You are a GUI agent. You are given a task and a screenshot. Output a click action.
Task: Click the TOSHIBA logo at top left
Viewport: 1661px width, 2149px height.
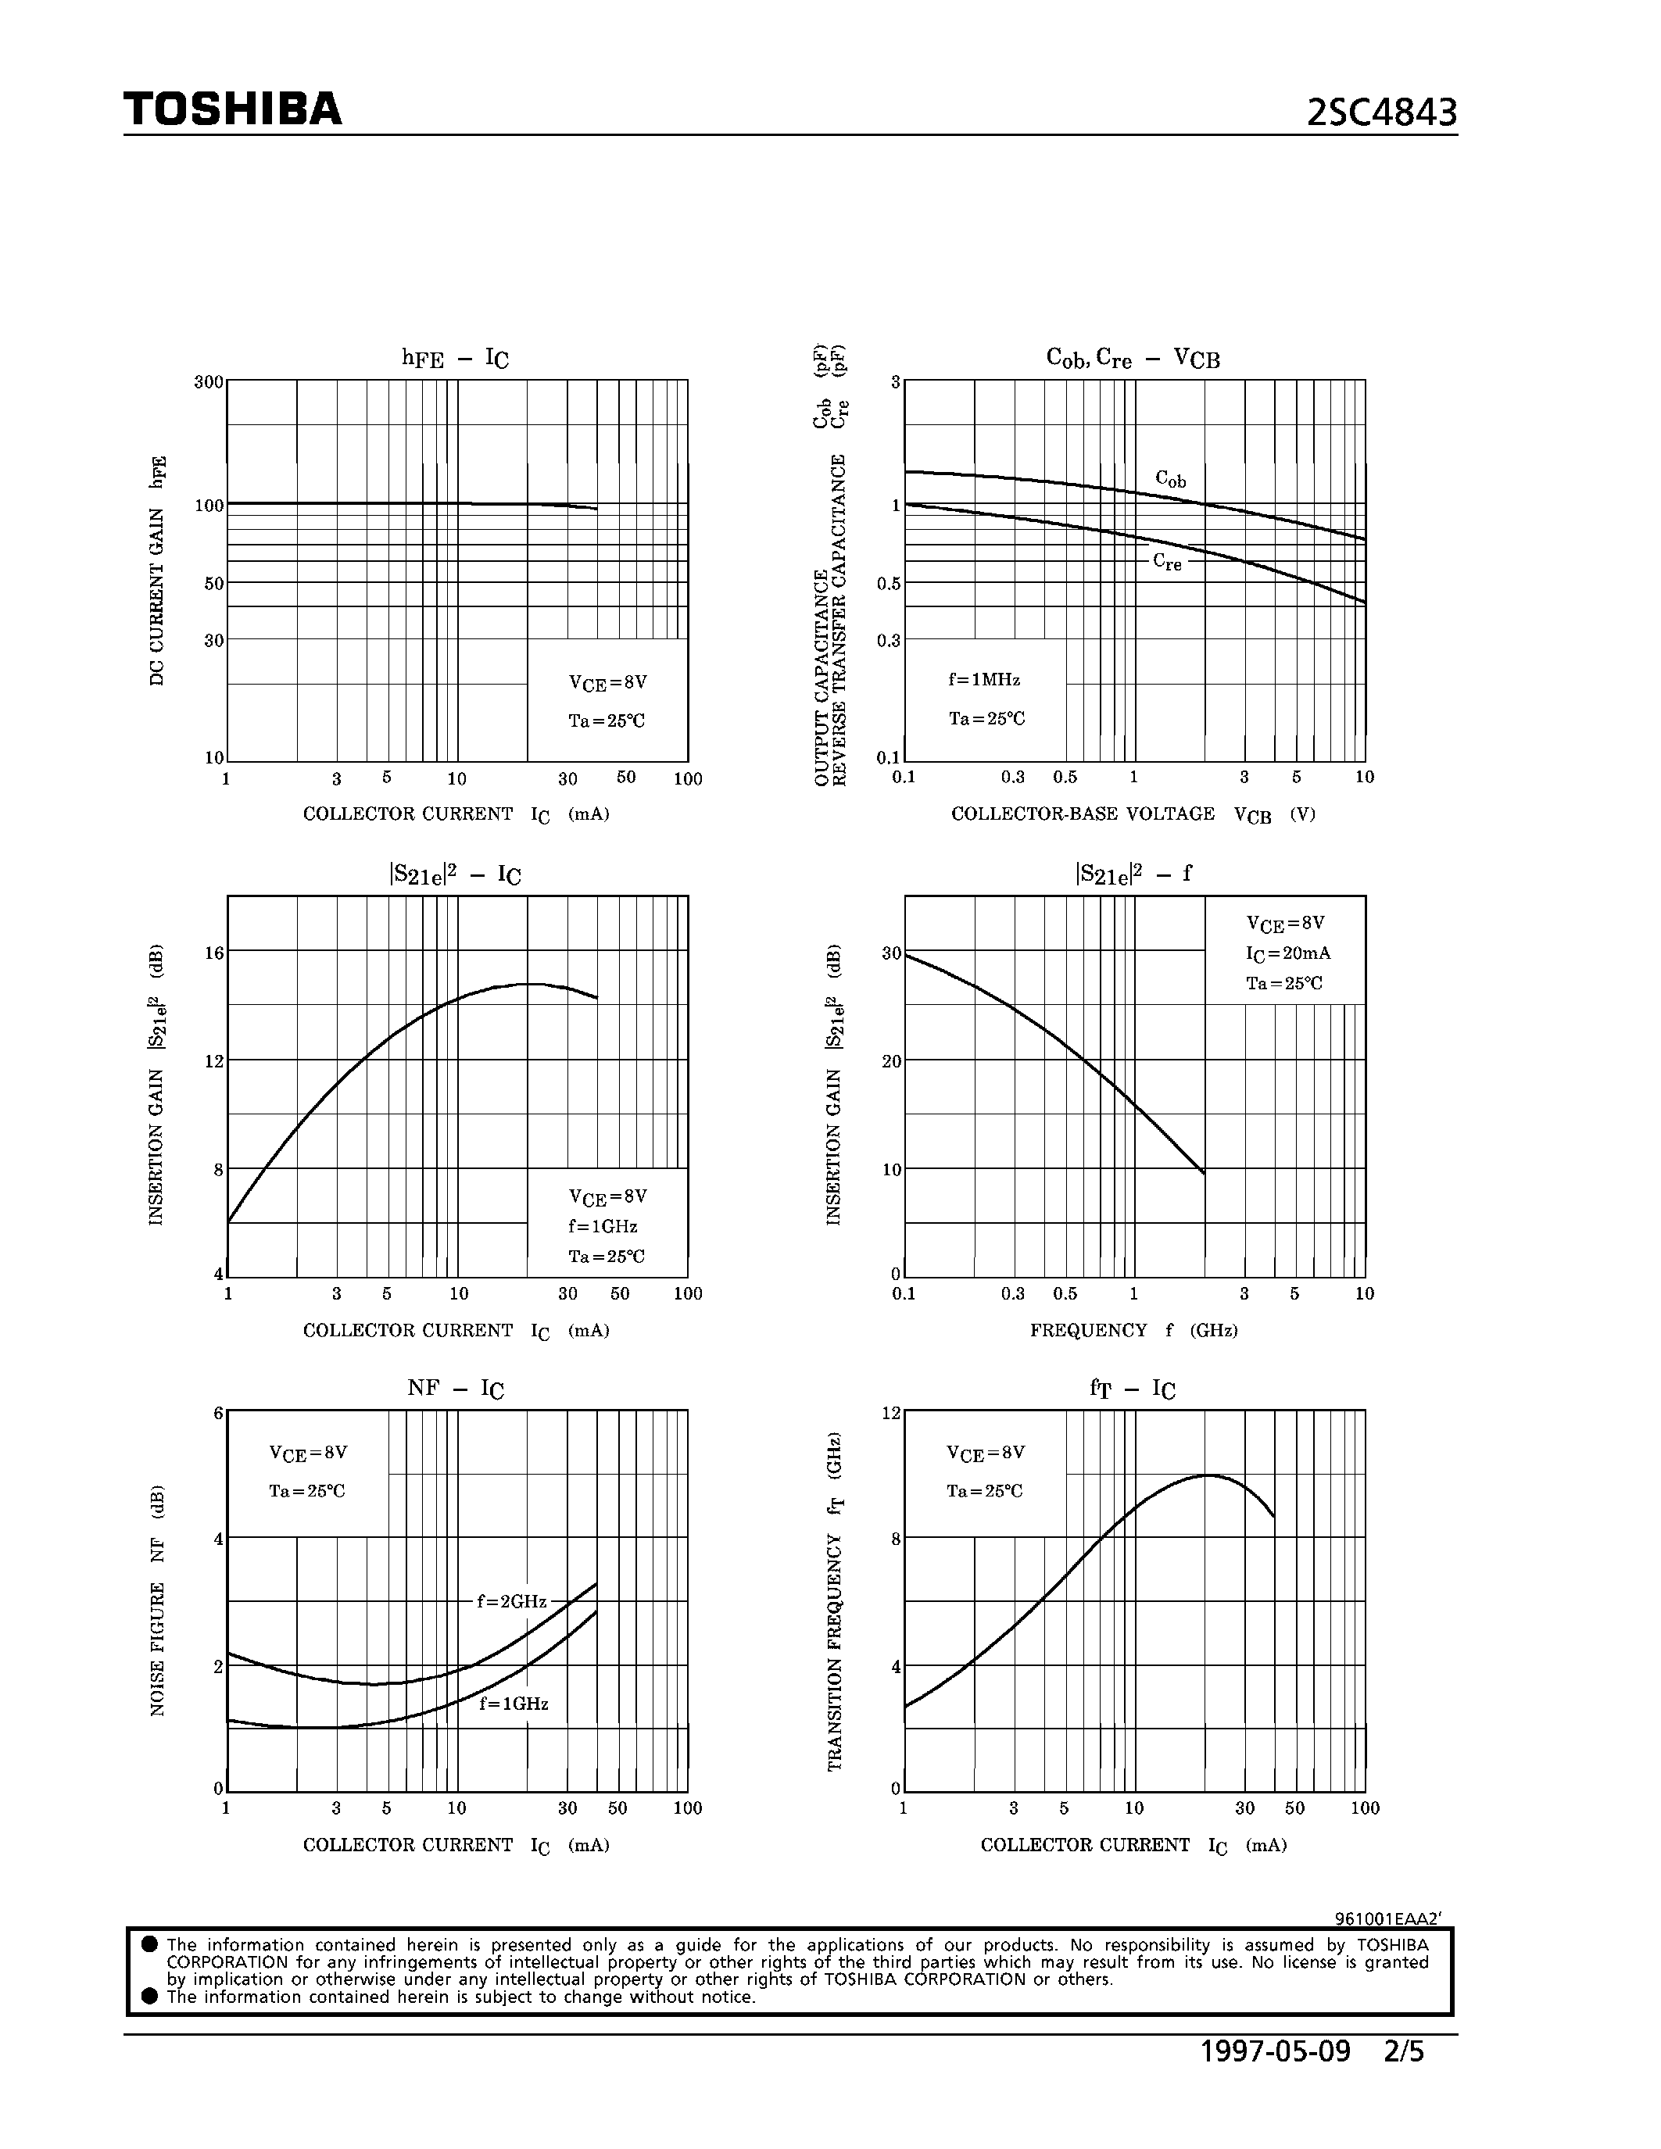[232, 109]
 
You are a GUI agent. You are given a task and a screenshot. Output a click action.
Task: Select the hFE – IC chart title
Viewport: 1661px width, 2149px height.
[455, 358]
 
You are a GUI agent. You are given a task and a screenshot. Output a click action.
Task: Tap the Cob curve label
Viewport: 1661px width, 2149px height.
[1170, 479]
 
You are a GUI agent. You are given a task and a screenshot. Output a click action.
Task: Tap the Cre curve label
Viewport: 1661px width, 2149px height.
[1167, 562]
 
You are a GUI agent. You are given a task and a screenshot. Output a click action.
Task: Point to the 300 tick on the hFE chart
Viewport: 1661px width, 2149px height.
[209, 382]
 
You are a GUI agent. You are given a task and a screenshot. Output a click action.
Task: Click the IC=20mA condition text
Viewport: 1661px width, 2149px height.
[1288, 953]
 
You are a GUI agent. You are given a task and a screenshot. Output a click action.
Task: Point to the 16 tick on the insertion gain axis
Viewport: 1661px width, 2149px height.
[213, 953]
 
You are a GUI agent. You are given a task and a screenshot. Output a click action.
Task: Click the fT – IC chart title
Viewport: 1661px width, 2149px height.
[1133, 1389]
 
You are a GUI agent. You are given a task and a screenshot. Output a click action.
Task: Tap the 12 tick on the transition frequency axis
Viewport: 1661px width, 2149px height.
[890, 1413]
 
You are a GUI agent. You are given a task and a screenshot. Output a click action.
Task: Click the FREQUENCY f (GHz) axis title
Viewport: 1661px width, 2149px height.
[1133, 1330]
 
